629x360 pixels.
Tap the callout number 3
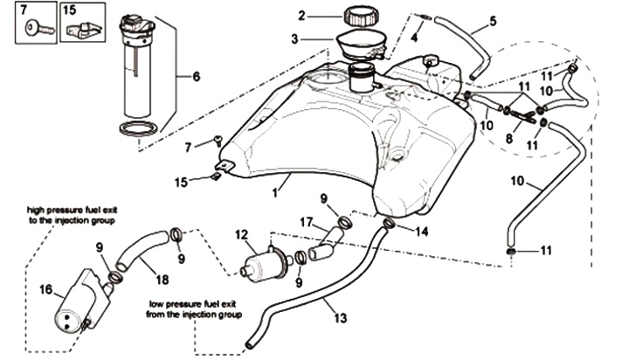(x=295, y=39)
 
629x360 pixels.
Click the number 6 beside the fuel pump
(x=196, y=76)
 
